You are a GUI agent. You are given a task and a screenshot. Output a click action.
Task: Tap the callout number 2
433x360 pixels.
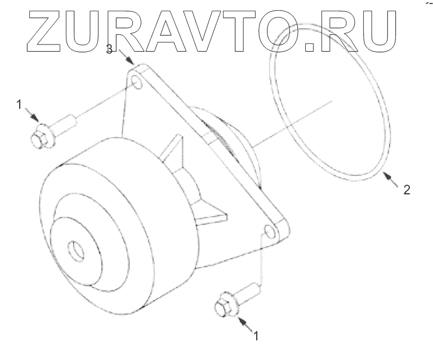pos(406,189)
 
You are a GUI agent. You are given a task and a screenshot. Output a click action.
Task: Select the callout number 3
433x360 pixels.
pos(110,50)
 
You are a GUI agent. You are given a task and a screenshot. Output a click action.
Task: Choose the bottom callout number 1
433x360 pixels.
pos(256,336)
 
